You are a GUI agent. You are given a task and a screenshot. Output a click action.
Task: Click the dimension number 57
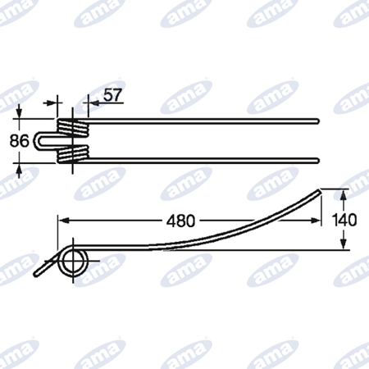[112, 95]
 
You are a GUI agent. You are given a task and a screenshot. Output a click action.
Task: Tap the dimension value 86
[19, 141]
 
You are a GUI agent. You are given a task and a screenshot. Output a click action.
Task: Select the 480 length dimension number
[180, 221]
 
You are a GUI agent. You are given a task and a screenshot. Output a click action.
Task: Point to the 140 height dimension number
[344, 220]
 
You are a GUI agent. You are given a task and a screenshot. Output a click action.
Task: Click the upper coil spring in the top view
[73, 127]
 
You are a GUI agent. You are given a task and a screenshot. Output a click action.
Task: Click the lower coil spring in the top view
[73, 155]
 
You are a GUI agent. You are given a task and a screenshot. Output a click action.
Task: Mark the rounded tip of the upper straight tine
[317, 121]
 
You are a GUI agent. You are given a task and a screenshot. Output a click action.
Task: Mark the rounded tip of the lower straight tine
[317, 161]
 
